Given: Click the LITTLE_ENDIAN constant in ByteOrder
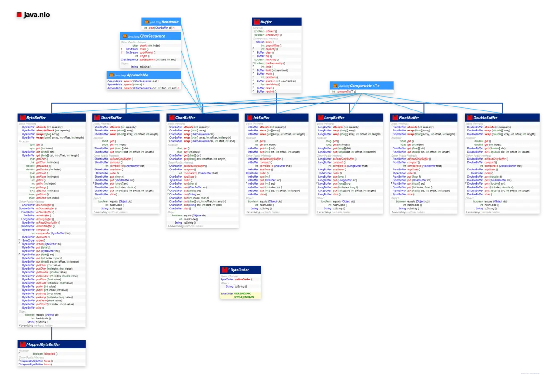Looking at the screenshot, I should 244,297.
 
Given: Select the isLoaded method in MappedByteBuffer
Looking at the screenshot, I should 51,353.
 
